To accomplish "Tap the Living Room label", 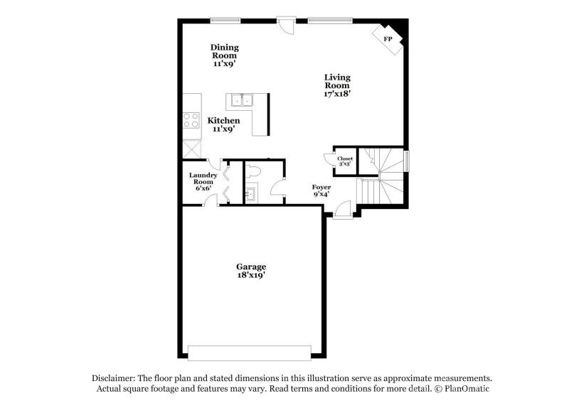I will click(x=337, y=85).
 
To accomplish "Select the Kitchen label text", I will click(x=223, y=125).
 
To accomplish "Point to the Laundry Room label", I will click(x=202, y=181).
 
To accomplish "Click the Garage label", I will click(x=251, y=271).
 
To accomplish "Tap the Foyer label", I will click(x=321, y=191).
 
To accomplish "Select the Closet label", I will click(x=345, y=161).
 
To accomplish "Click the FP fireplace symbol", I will click(x=388, y=38).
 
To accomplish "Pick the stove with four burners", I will click(x=191, y=119).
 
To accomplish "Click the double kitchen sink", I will click(x=240, y=100).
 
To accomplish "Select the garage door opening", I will click(x=250, y=352).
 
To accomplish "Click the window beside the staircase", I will click(x=408, y=160).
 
